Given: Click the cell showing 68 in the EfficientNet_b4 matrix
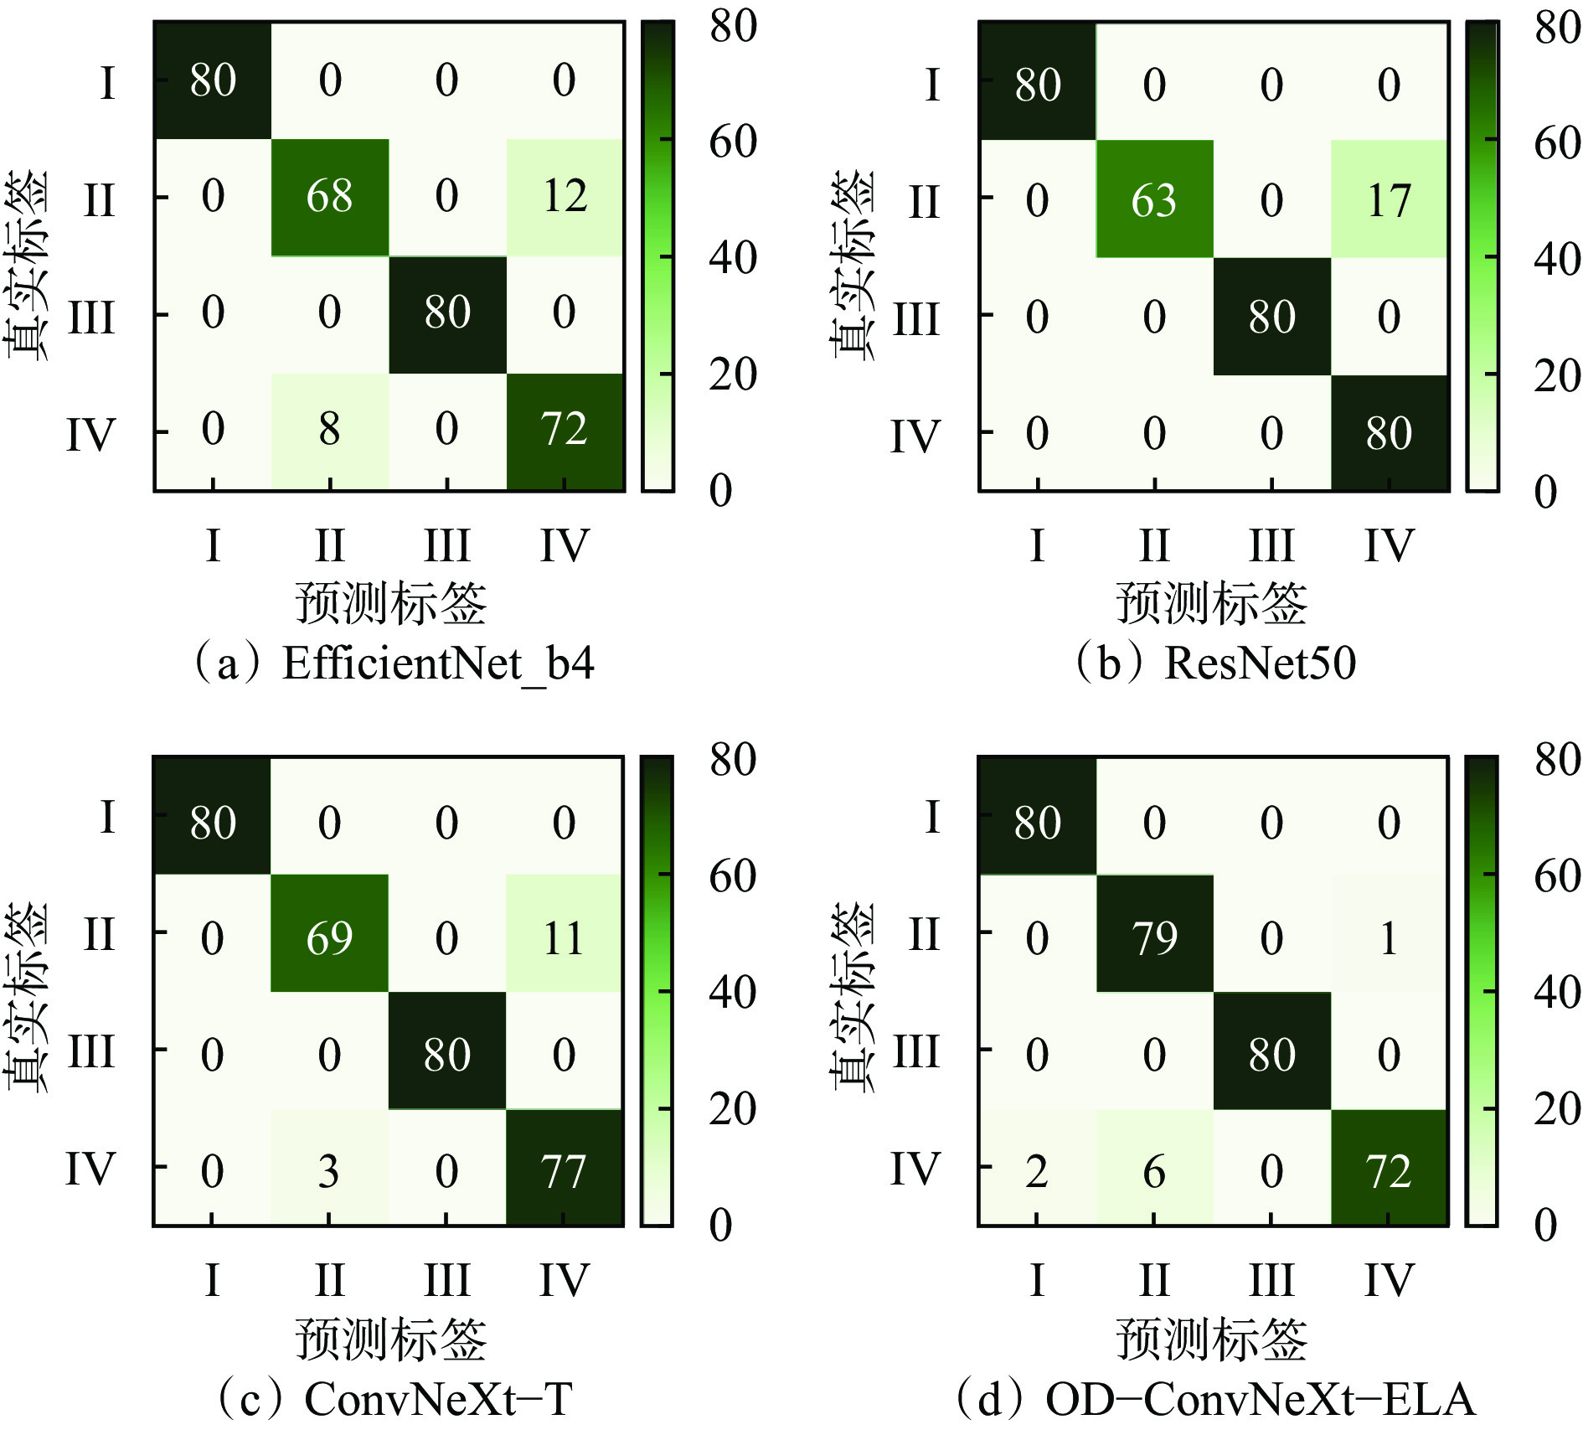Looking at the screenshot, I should (x=329, y=197).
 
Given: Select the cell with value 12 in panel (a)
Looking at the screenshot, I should (x=565, y=197).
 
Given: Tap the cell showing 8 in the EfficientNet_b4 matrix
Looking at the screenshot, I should (x=329, y=430).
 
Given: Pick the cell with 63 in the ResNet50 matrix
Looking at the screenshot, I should (x=1154, y=200).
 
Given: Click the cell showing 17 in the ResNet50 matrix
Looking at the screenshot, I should (x=1389, y=200).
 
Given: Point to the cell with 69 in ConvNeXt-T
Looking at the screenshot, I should (x=329, y=937).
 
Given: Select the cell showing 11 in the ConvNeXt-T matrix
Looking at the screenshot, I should (x=564, y=937).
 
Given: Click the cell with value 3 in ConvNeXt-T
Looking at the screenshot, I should (x=329, y=1171).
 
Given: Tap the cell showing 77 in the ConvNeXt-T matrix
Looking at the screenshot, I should (x=564, y=1171).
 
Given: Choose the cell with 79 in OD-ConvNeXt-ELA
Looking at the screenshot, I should (x=1154, y=937).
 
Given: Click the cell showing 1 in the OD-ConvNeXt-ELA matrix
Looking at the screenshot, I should (x=1389, y=937).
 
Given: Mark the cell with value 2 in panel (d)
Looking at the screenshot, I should (x=1037, y=1171).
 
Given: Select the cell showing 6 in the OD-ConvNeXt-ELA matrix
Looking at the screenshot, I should (x=1154, y=1171).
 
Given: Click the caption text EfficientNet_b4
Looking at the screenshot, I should (x=438, y=664).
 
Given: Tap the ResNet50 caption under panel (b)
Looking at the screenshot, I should (x=1260, y=663).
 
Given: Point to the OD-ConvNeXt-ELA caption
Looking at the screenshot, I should (x=1260, y=1399).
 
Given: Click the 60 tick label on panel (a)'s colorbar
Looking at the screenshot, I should (x=733, y=142).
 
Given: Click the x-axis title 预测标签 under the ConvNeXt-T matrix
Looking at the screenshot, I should (x=390, y=1339).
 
